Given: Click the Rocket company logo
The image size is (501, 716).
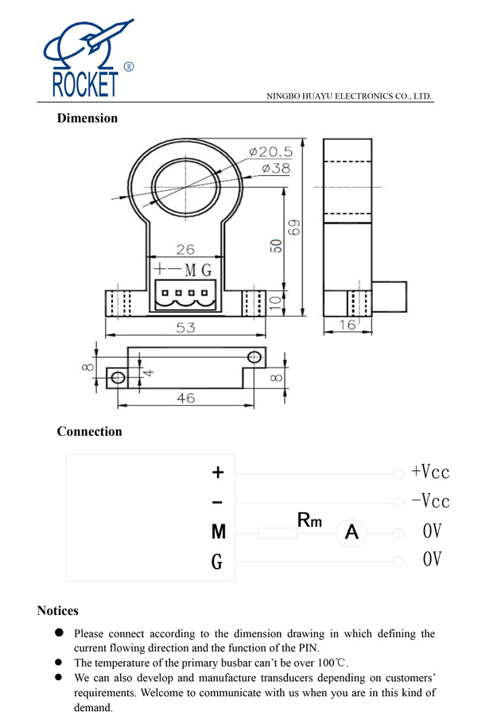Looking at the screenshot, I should click(x=87, y=60).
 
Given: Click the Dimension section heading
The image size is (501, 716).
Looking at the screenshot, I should click(x=87, y=119).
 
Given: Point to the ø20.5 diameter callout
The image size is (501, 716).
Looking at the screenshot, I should click(x=270, y=151).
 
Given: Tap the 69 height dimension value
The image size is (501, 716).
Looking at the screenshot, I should click(x=295, y=228).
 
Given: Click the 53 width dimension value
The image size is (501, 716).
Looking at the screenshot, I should click(x=185, y=327).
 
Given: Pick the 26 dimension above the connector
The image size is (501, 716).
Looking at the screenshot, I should click(x=184, y=250).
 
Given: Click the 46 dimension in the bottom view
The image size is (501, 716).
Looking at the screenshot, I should click(x=185, y=398).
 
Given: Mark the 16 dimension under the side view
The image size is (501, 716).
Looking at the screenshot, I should click(x=348, y=325).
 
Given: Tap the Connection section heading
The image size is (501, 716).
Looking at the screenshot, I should click(x=89, y=432).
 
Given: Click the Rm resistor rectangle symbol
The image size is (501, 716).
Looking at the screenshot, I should click(x=278, y=532).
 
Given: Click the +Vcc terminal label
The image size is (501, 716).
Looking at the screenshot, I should click(x=430, y=473).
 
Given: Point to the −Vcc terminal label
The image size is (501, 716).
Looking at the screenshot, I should click(x=430, y=502).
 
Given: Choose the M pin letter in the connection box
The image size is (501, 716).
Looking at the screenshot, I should click(x=218, y=532).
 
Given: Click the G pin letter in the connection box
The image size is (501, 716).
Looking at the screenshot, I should click(x=217, y=562).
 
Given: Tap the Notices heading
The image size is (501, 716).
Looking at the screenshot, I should click(x=57, y=611).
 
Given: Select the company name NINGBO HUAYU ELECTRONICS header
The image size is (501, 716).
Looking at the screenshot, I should click(x=349, y=96).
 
